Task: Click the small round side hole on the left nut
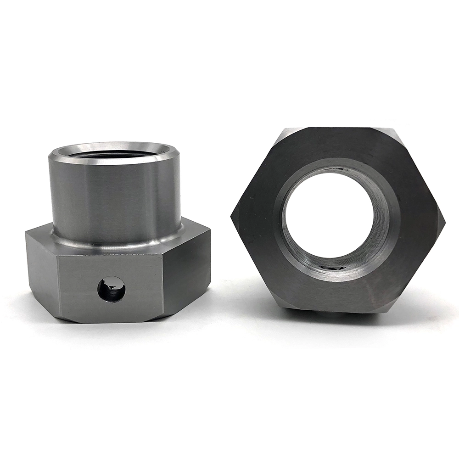tap(111, 289)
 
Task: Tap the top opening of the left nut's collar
tap(114, 152)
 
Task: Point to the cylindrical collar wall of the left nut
tap(115, 197)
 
